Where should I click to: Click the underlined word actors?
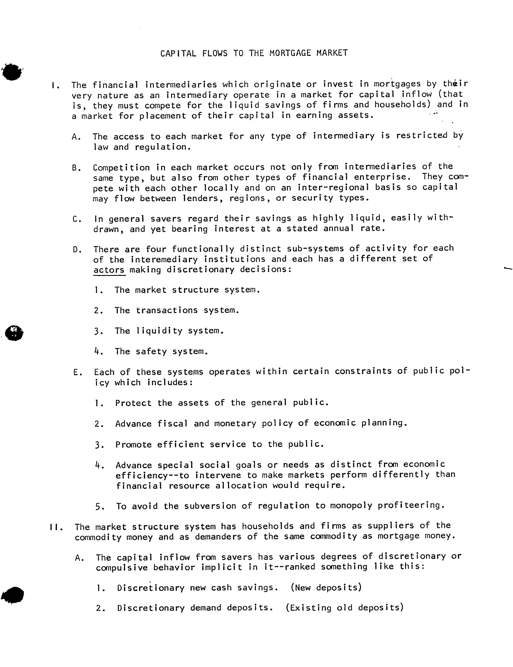tap(109, 270)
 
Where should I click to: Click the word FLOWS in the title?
tap(215, 53)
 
